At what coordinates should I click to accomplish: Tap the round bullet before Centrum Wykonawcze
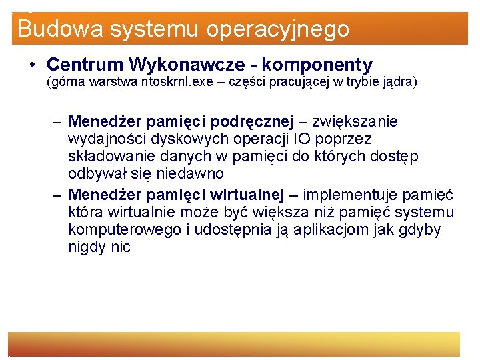point(33,65)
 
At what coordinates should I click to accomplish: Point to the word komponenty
point(317,65)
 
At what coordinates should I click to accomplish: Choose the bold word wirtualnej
point(247,195)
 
